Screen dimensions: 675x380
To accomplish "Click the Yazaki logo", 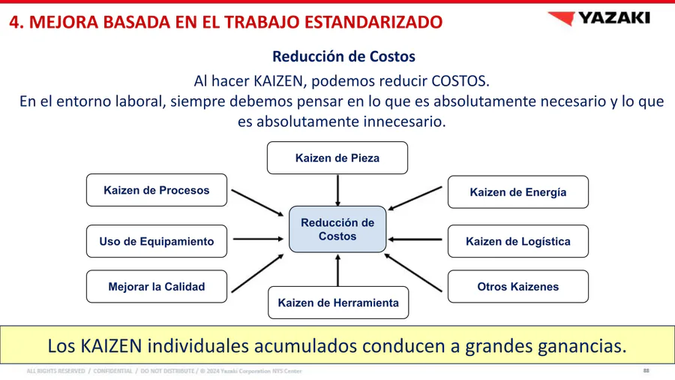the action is (x=598, y=18).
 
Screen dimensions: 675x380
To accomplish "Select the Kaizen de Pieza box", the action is (x=337, y=158).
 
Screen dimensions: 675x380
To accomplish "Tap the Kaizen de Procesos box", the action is (x=157, y=190).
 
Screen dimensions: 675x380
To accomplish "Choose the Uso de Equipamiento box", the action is (x=157, y=241).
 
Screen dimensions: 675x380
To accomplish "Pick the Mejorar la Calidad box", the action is (x=157, y=287).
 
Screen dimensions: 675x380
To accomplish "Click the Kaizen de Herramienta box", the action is (x=338, y=303).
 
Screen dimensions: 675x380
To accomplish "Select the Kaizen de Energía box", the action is (x=518, y=192).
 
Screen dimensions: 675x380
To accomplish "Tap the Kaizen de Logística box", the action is (x=518, y=241).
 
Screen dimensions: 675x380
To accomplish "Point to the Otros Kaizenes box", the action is (x=518, y=287).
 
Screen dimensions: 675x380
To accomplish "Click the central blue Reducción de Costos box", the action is (x=337, y=229).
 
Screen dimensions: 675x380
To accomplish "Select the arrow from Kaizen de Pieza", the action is (x=338, y=191).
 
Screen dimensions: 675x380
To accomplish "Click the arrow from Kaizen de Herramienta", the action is (x=338, y=270).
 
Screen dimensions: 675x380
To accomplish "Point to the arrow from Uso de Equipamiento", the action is (x=258, y=239).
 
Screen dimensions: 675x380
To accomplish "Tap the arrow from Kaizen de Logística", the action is (x=415, y=239).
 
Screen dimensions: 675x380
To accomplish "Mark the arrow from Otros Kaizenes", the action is (x=413, y=273).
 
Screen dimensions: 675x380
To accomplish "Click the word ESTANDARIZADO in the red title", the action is (x=373, y=22).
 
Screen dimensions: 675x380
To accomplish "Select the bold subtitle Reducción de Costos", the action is (x=344, y=56).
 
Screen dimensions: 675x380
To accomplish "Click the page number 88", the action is (x=646, y=370).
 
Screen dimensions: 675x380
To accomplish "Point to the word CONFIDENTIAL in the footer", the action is (x=112, y=371).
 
